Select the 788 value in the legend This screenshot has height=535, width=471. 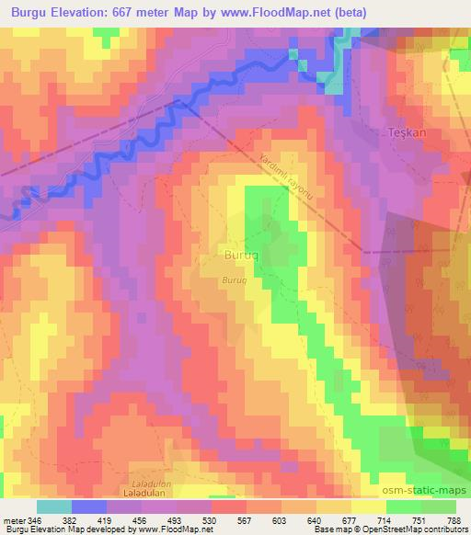point(454,520)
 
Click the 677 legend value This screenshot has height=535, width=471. point(350,520)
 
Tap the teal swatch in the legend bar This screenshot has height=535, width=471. point(54,507)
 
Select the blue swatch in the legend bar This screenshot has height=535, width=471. point(89,507)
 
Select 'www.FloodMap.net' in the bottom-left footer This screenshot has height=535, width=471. point(178,529)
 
